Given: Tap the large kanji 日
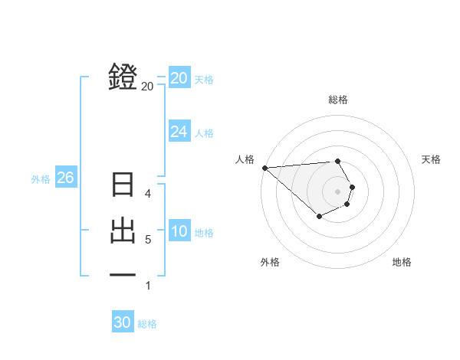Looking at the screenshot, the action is (x=123, y=185).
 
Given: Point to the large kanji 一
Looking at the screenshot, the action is (x=123, y=273).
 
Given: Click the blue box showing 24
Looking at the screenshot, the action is (x=179, y=132).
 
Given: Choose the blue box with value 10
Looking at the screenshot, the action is (x=179, y=231).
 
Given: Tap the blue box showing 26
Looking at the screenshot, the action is (x=65, y=178).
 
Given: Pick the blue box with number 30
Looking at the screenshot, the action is (x=122, y=322).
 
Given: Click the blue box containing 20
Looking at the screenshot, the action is (x=179, y=78).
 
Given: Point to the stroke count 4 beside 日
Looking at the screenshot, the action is (x=148, y=193).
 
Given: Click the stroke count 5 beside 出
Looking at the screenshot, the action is (x=148, y=240).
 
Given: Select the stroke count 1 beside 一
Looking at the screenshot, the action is (x=148, y=286).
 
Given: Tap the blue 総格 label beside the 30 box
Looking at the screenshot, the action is (x=147, y=324).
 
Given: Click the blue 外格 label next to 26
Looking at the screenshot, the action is (x=41, y=179).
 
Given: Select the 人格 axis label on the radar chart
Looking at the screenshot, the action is (x=245, y=159).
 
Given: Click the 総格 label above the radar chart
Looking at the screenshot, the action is (x=338, y=100).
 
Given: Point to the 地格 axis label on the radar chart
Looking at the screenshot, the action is (x=402, y=262).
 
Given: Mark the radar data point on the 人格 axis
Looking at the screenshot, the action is (x=264, y=168).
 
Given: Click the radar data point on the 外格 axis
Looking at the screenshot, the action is (x=319, y=217).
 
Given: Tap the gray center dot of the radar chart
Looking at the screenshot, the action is (x=338, y=191).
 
